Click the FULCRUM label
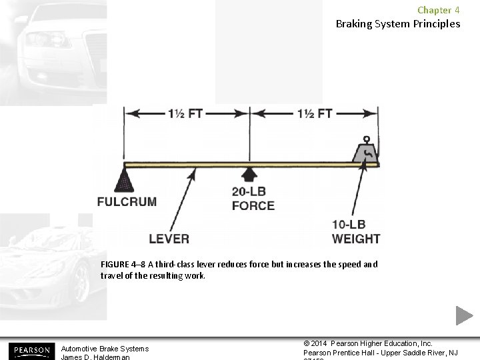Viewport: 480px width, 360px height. click(x=127, y=202)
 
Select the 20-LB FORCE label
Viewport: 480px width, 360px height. click(x=253, y=199)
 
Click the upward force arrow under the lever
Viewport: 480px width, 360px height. click(x=249, y=174)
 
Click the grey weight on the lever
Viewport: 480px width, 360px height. click(x=365, y=153)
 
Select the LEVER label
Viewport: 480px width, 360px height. click(x=169, y=239)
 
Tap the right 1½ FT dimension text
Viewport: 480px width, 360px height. click(x=314, y=113)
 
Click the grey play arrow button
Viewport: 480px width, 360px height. click(x=464, y=315)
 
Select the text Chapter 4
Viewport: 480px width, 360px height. click(x=438, y=10)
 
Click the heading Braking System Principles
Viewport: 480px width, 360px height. click(x=397, y=24)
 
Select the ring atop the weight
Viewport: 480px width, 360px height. click(x=365, y=140)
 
